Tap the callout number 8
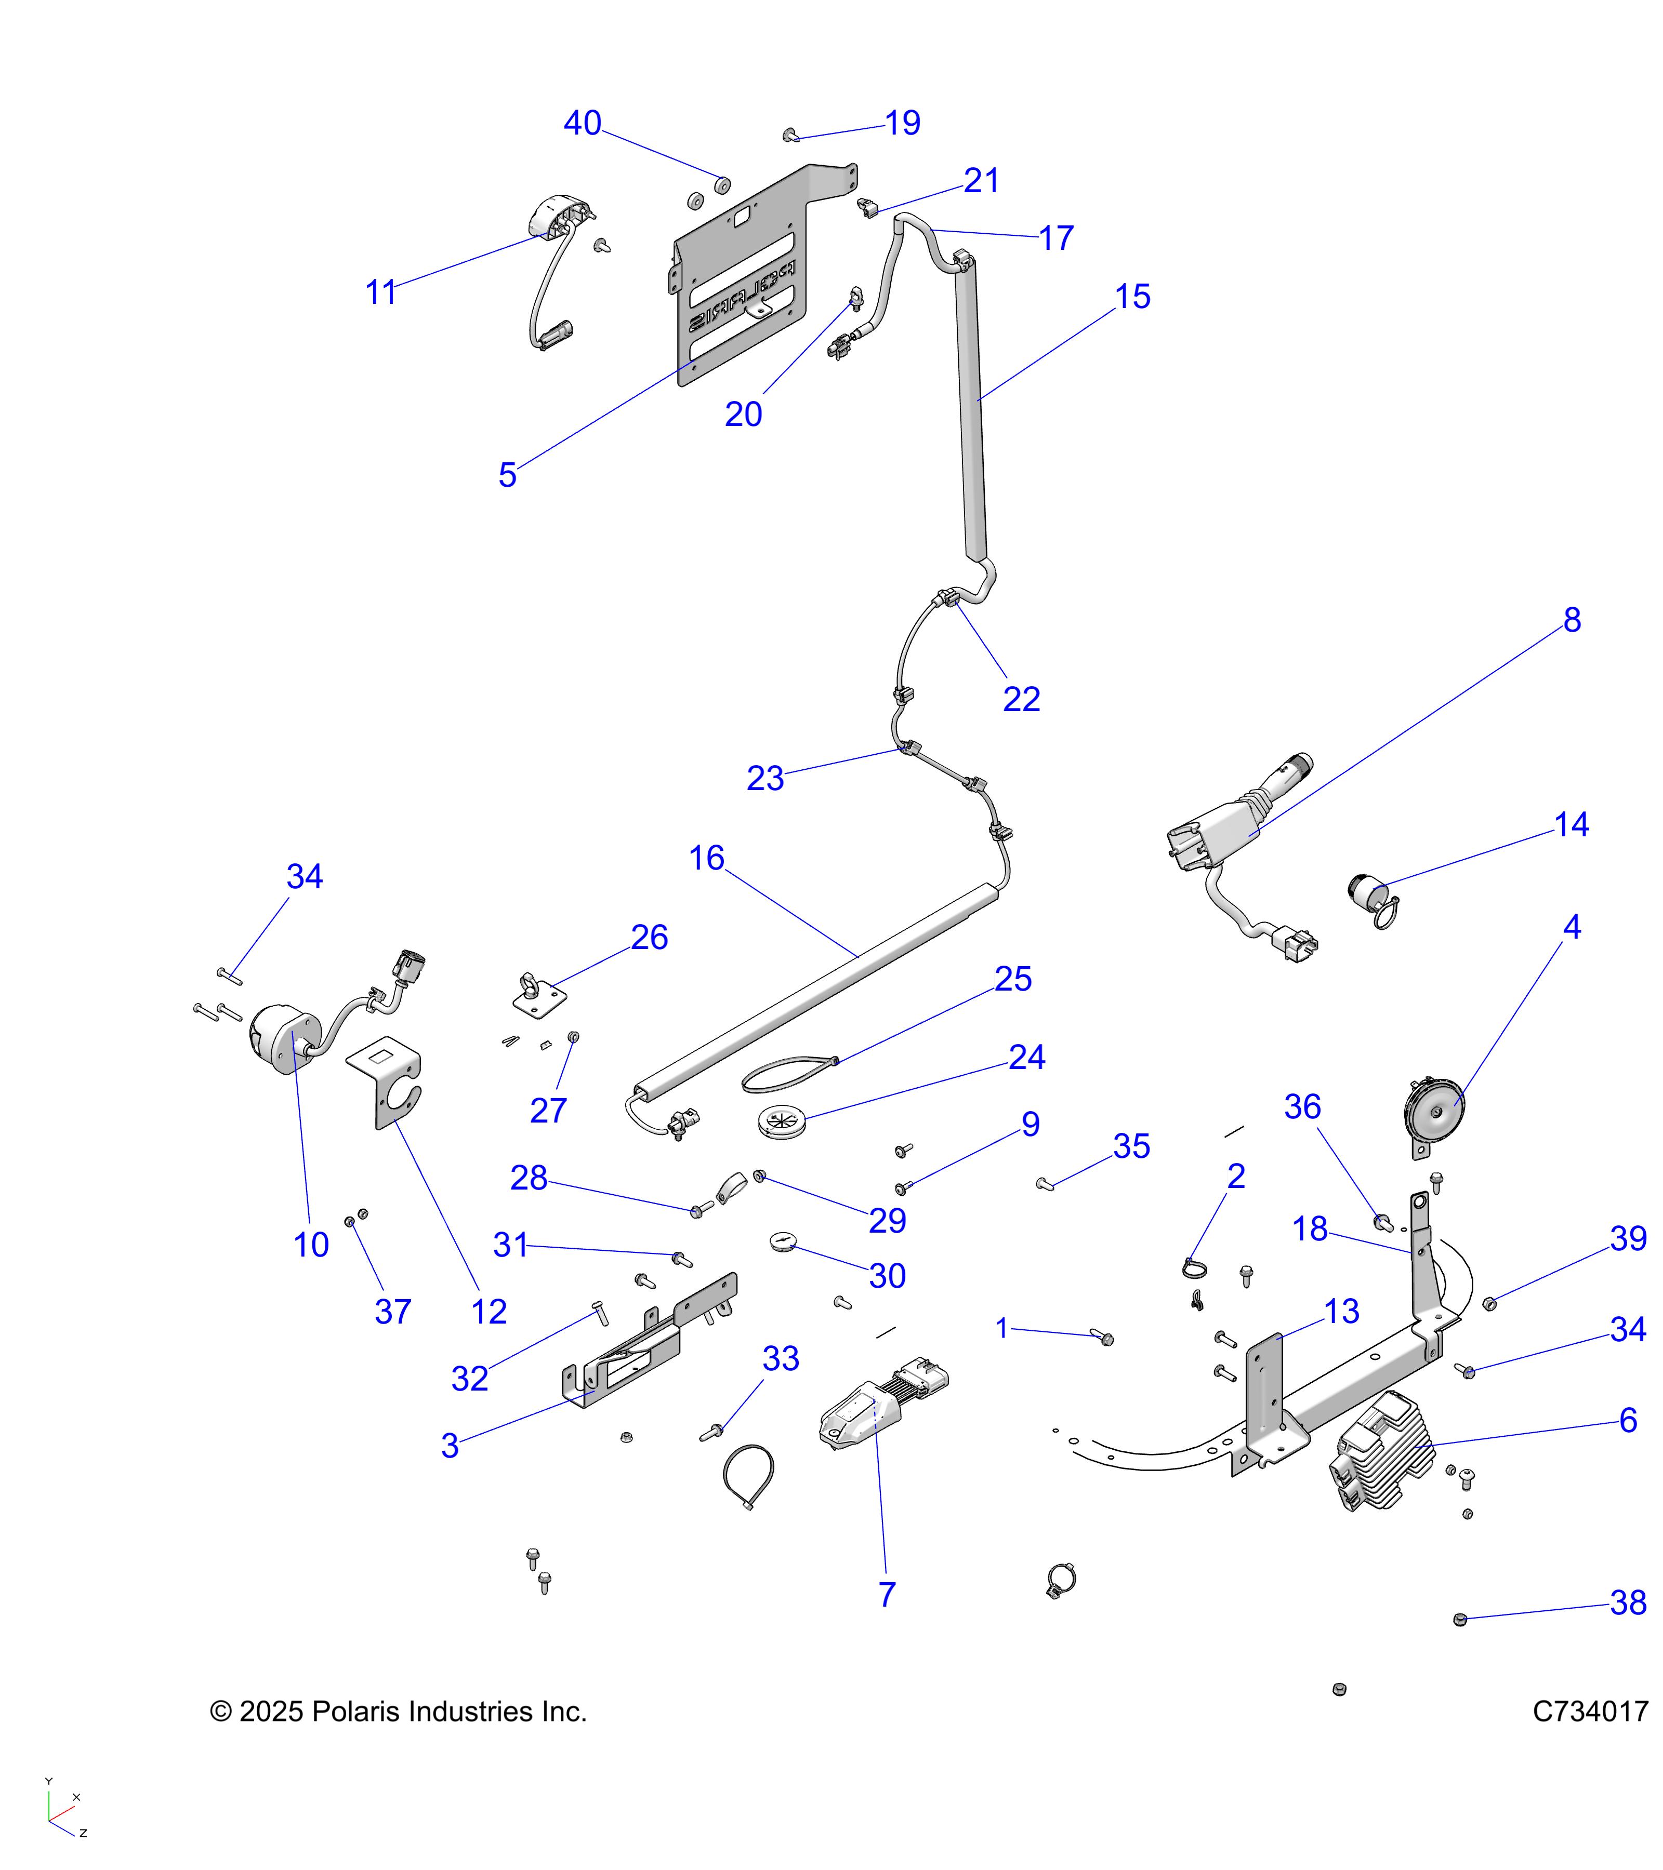tap(1572, 620)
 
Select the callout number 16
tap(706, 858)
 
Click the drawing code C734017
tap(1590, 1712)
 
